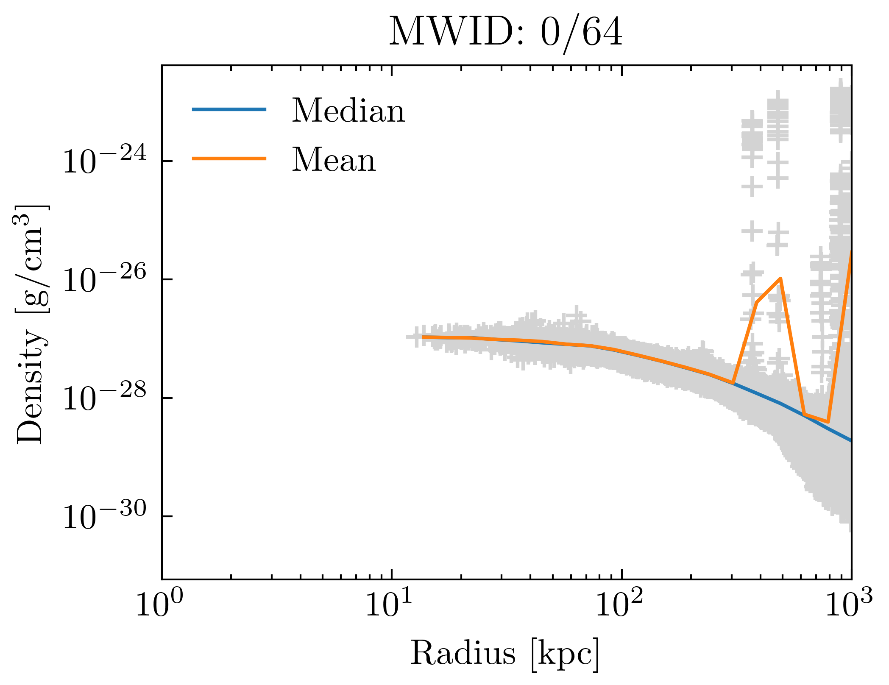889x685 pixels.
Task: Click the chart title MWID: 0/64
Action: [506, 32]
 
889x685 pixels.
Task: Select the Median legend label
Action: [348, 111]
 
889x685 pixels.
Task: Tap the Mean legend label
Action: [334, 160]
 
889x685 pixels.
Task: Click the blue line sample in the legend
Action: [229, 109]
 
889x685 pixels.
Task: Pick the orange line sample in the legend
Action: [229, 159]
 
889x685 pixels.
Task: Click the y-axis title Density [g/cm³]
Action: [32, 324]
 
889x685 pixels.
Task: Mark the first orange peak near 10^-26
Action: [780, 278]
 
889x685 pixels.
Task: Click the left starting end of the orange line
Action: [423, 337]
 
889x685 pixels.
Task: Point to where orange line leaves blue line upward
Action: [733, 383]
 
